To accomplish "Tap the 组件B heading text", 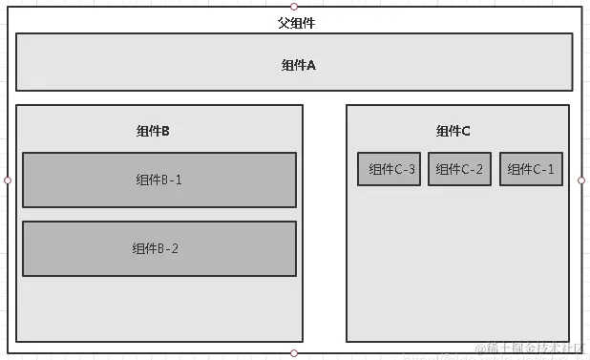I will pos(153,131).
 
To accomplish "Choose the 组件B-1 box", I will pos(159,180).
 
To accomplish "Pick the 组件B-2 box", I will pos(159,248).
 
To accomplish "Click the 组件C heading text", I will pos(453,131).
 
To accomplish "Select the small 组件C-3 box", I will pos(390,169).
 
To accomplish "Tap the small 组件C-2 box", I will pos(459,169).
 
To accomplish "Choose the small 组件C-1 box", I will pos(531,169).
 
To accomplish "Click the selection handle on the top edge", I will pos(294,7).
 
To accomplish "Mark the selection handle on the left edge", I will pos(8,180).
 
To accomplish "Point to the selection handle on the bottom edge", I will pos(294,353).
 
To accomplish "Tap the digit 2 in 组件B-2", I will pos(175,248).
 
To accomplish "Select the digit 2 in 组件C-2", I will pos(479,169).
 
